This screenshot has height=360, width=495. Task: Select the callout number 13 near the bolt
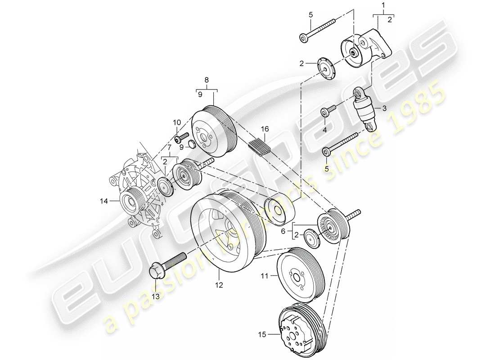(156, 296)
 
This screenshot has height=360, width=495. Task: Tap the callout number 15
(263, 334)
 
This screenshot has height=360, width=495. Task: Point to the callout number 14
(104, 202)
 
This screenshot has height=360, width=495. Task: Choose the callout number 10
(176, 122)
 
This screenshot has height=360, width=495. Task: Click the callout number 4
(324, 130)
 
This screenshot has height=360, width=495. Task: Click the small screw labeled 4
(327, 111)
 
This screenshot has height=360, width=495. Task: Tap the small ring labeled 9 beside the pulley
(190, 144)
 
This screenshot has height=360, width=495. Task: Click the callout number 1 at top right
(383, 5)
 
